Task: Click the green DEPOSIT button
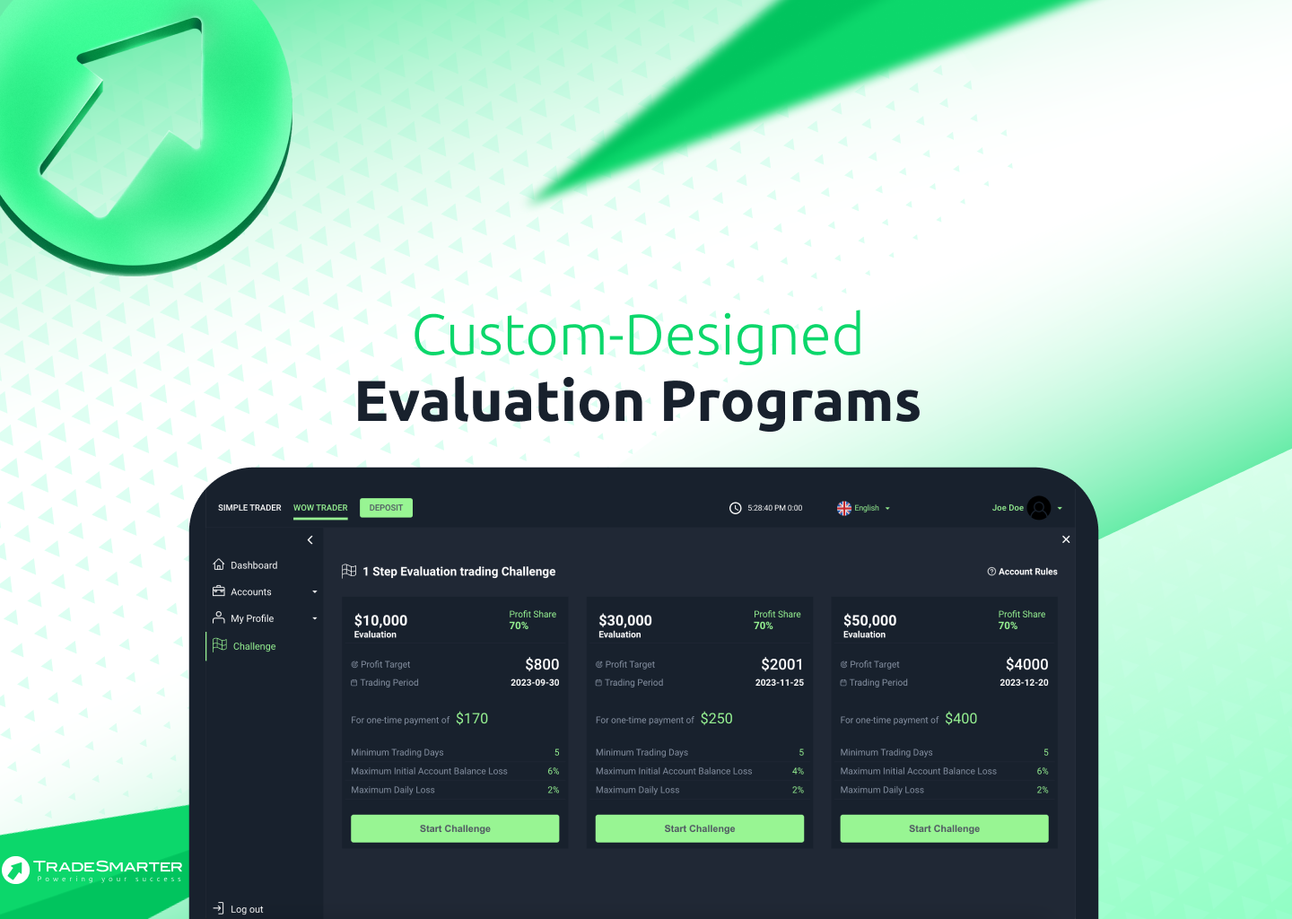coord(386,508)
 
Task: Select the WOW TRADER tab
coord(320,508)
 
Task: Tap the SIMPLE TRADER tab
coord(249,508)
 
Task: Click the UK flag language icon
coord(843,508)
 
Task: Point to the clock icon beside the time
coord(735,508)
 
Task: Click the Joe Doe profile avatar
coord(1039,508)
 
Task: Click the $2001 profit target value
coord(781,664)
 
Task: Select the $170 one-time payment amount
coord(472,718)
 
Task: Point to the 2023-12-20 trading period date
coord(1024,682)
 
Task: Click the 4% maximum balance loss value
coord(798,771)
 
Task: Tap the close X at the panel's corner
coord(1066,538)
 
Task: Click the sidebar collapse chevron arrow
coord(310,540)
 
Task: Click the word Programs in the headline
coord(790,403)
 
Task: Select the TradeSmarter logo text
coord(108,866)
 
